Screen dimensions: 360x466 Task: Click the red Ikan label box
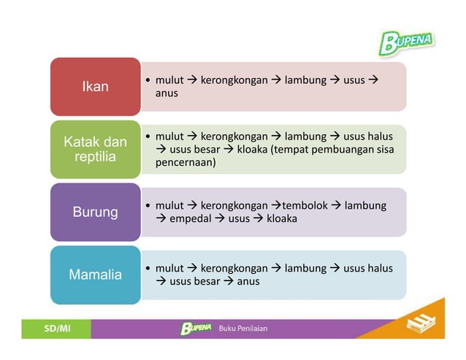[95, 87]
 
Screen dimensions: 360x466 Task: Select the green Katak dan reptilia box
[95, 149]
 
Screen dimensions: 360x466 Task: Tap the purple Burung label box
[95, 212]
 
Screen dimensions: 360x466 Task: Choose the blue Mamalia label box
[95, 275]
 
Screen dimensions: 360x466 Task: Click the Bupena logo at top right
[405, 41]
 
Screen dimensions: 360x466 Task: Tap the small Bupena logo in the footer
[196, 329]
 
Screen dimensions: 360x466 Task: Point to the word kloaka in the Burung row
[281, 218]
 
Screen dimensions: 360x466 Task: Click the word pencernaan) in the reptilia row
[186, 163]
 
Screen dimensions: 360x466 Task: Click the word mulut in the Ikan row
[169, 80]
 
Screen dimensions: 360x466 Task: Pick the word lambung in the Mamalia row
[305, 268]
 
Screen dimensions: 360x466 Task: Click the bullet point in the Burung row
[148, 206]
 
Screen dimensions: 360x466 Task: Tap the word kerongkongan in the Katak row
[231, 137]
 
